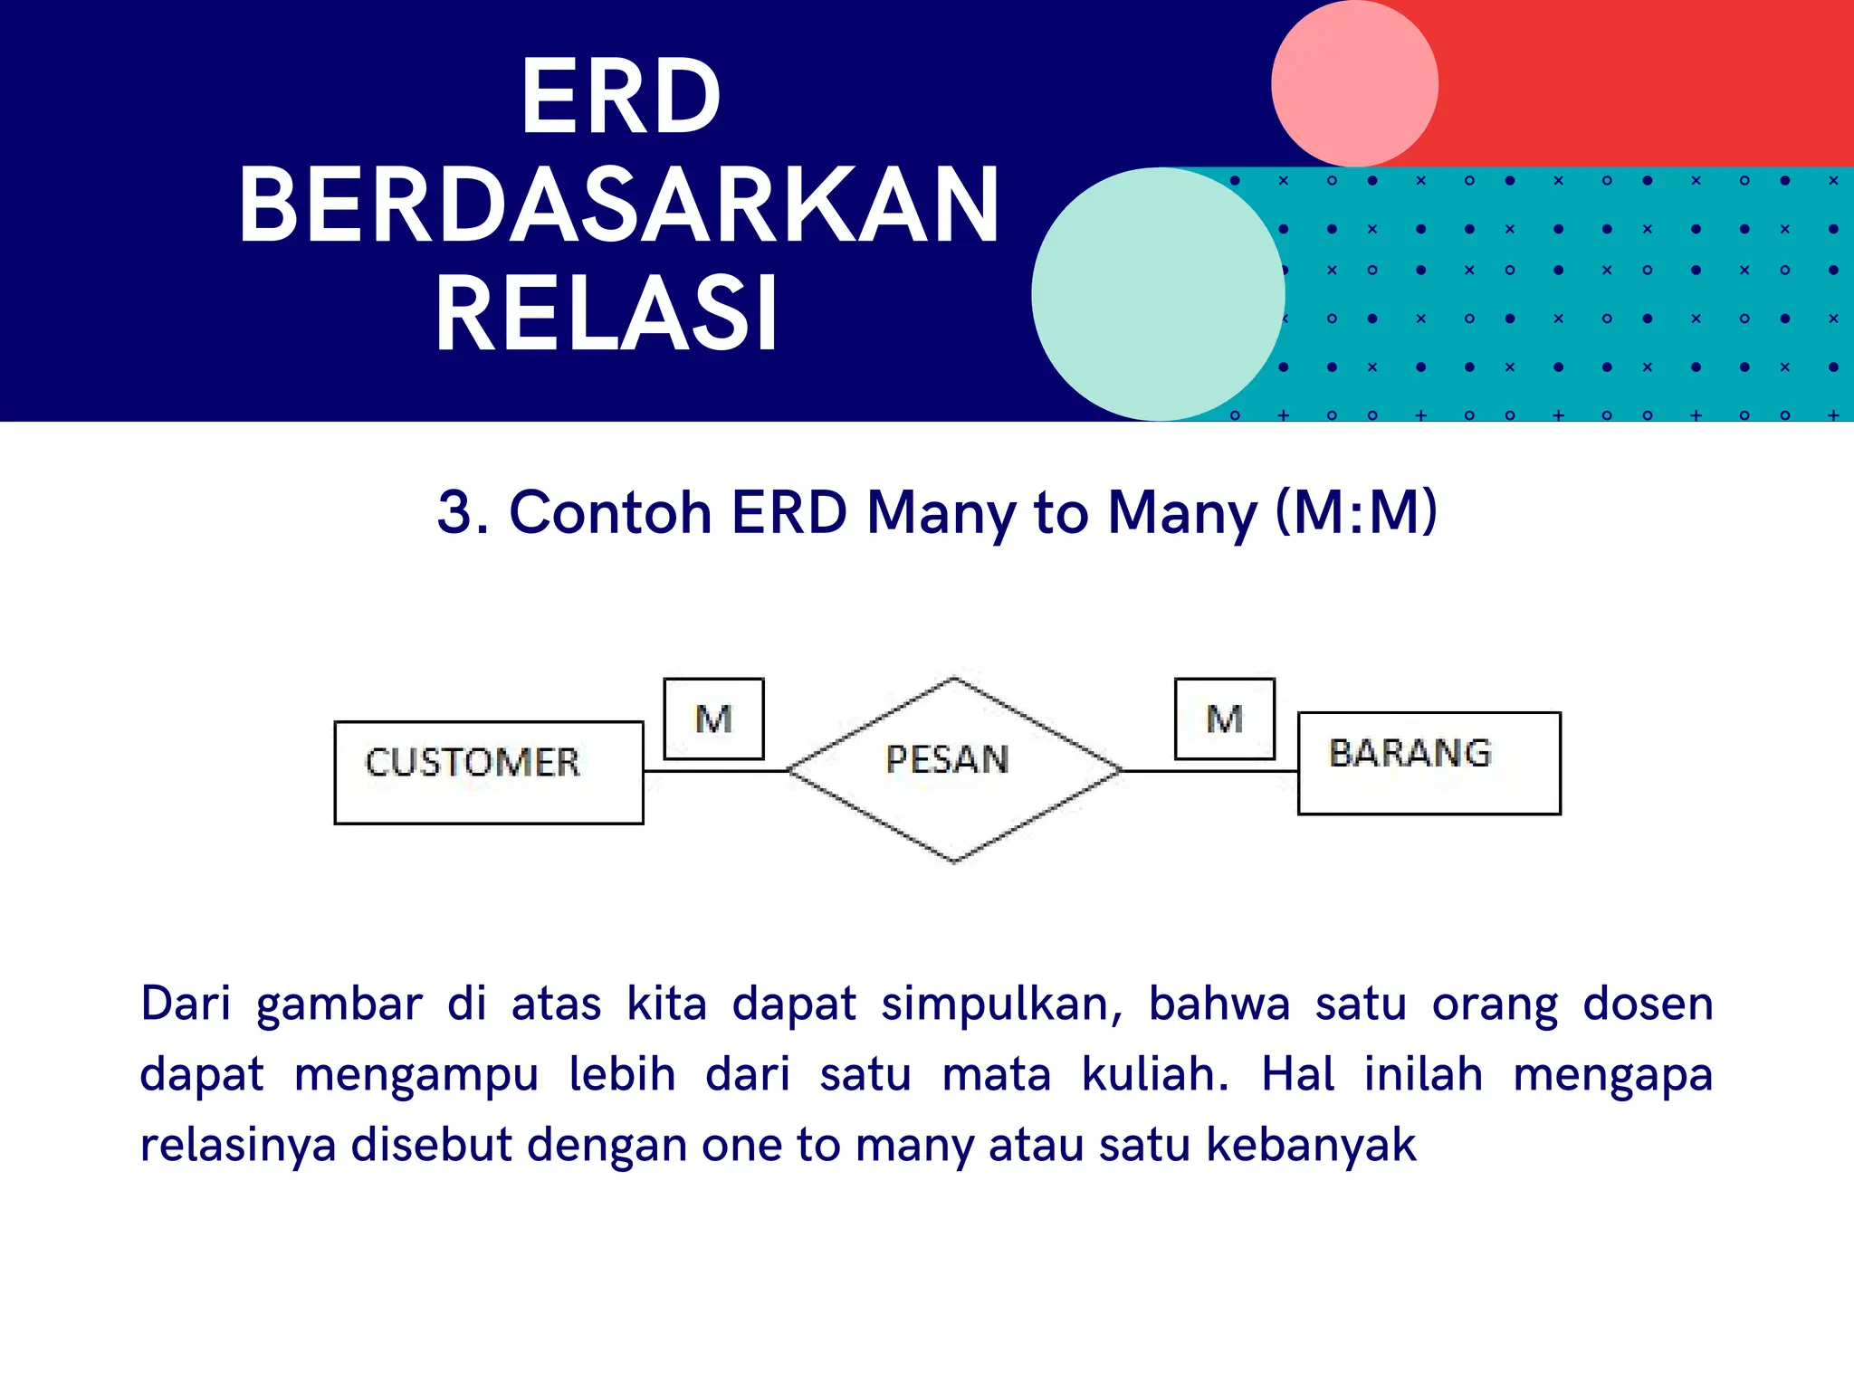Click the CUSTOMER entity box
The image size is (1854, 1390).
(x=489, y=772)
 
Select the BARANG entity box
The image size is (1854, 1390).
(x=1429, y=763)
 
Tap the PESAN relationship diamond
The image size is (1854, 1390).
(x=953, y=769)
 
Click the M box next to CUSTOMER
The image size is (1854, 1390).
(x=713, y=719)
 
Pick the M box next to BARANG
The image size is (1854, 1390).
(x=1224, y=719)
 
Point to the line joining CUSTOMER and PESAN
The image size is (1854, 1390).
(x=715, y=771)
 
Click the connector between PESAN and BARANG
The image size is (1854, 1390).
(x=1209, y=771)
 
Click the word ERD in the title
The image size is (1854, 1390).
(x=621, y=96)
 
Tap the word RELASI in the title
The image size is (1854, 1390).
(x=607, y=313)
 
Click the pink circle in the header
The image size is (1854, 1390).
(x=1354, y=83)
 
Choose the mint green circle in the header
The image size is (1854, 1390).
(x=1158, y=293)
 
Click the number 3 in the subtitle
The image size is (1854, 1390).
(x=455, y=512)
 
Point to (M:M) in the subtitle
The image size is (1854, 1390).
(x=1355, y=512)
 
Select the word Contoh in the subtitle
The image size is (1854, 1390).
(x=610, y=512)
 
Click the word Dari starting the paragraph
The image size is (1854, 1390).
(x=185, y=1004)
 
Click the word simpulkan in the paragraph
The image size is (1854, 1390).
(x=1001, y=1004)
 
